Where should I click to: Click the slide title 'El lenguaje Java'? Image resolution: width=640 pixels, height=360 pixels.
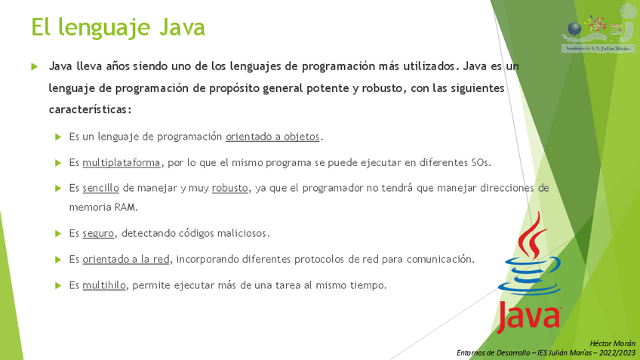pyautogui.click(x=118, y=28)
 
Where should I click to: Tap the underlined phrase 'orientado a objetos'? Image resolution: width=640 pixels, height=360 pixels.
pyautogui.click(x=272, y=137)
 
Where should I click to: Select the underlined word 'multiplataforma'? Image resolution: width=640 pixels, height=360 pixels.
pyautogui.click(x=122, y=162)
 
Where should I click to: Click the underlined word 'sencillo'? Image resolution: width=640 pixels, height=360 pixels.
pyautogui.click(x=101, y=188)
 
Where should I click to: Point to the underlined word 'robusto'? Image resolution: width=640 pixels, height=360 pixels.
pyautogui.click(x=229, y=188)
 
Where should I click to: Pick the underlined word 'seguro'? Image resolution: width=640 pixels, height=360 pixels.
pyautogui.click(x=98, y=233)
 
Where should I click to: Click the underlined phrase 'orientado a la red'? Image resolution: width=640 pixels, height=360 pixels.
pyautogui.click(x=126, y=259)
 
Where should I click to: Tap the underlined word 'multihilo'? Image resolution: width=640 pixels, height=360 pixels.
pyautogui.click(x=104, y=285)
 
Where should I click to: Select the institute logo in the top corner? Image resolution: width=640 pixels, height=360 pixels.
pyautogui.click(x=598, y=29)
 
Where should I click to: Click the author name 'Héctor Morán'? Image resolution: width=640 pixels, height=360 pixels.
pyautogui.click(x=612, y=343)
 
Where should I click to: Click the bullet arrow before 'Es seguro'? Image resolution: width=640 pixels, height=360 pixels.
pyautogui.click(x=58, y=233)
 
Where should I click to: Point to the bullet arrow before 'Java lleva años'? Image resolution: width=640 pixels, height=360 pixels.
pyautogui.click(x=34, y=66)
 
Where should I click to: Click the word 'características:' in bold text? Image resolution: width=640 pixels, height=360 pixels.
pyautogui.click(x=91, y=109)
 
